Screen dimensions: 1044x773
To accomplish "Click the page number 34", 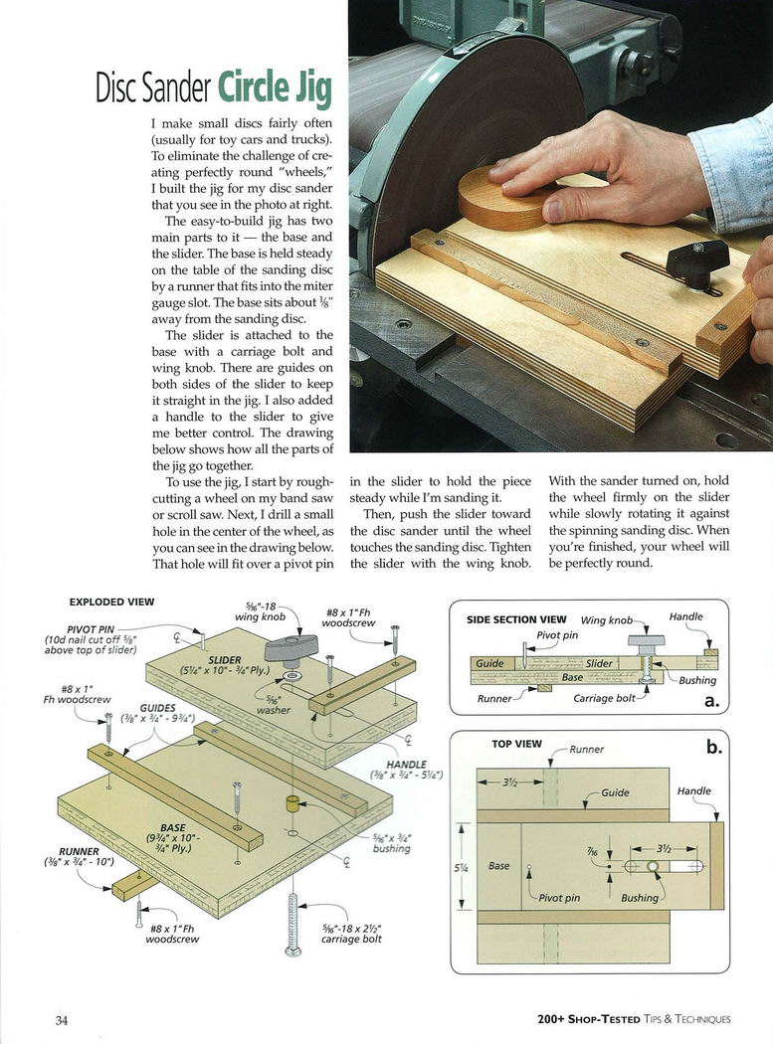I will click(x=62, y=1019).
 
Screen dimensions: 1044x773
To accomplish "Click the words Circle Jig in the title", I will click(x=275, y=87).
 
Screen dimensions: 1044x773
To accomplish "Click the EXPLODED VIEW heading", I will click(x=111, y=602).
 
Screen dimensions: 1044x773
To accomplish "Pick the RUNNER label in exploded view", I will click(x=79, y=851).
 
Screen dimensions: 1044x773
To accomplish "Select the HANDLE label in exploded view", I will click(x=406, y=764).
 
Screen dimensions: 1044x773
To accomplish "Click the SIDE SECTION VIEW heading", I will click(x=516, y=619).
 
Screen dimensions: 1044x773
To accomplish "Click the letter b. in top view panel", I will click(x=713, y=747).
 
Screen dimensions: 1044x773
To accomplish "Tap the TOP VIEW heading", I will click(x=516, y=744).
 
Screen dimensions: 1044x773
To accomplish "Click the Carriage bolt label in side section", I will click(x=604, y=698).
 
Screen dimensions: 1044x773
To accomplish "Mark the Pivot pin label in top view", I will click(x=558, y=898).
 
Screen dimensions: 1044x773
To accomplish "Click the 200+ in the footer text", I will click(x=555, y=1019).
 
